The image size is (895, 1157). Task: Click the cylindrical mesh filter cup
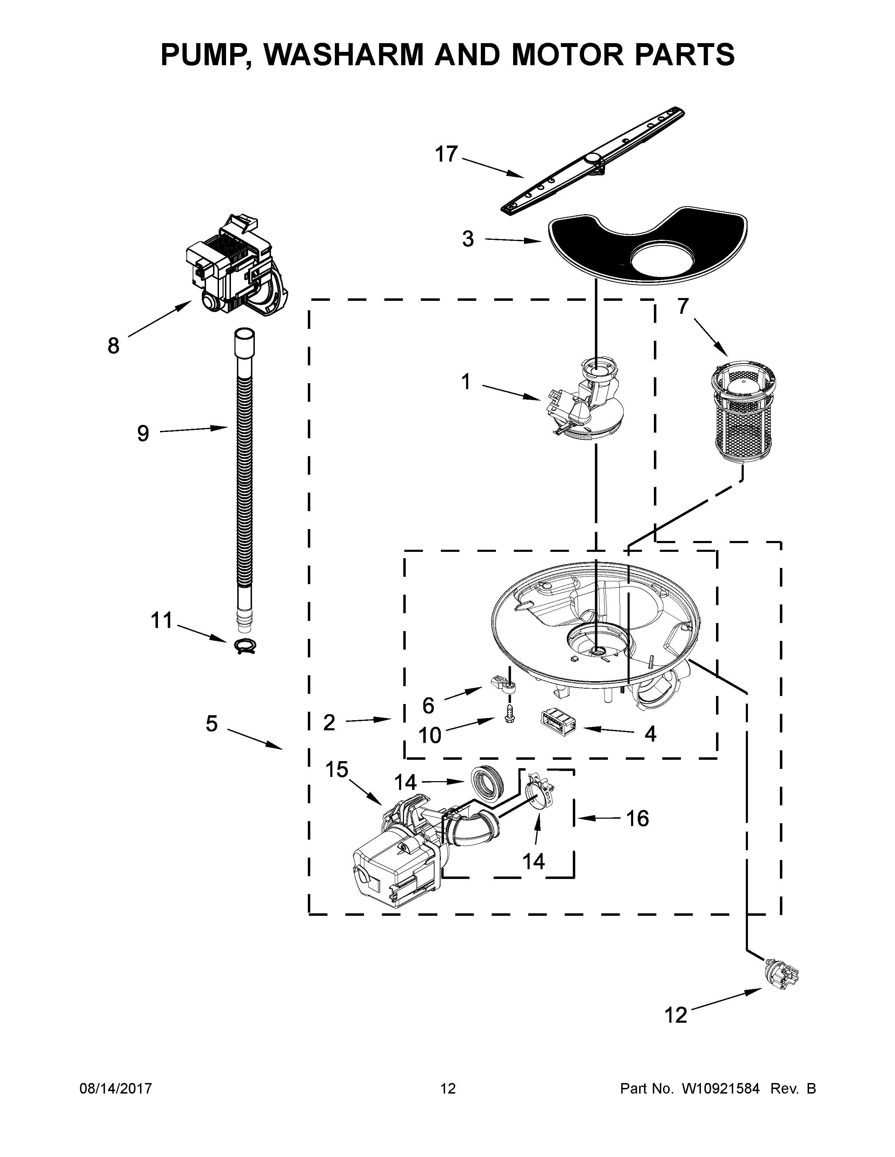[743, 410]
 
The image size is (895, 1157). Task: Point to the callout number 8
[113, 346]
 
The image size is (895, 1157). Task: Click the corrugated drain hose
[244, 477]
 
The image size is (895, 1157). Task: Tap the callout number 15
[336, 770]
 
